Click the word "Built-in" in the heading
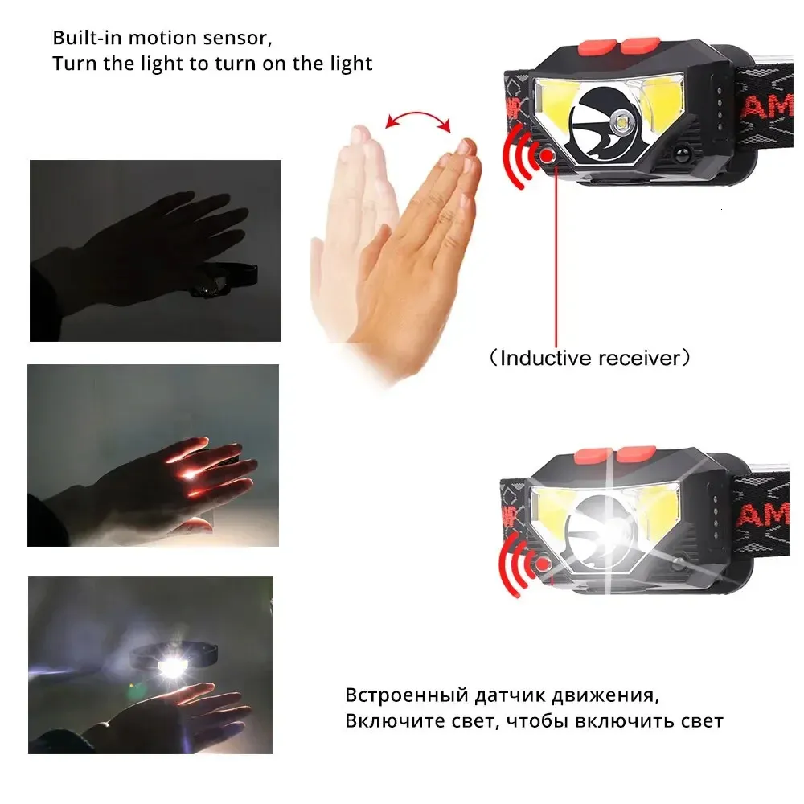tap(87, 38)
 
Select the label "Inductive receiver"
tap(589, 358)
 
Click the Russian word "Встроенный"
tap(407, 695)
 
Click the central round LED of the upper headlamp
tap(623, 122)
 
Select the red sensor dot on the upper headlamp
tap(548, 155)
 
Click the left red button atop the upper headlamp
tap(598, 47)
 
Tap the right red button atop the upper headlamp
tap(640, 45)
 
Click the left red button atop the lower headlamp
tap(593, 455)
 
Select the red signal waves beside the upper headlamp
tap(519, 157)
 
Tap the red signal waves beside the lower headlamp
tap(515, 565)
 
